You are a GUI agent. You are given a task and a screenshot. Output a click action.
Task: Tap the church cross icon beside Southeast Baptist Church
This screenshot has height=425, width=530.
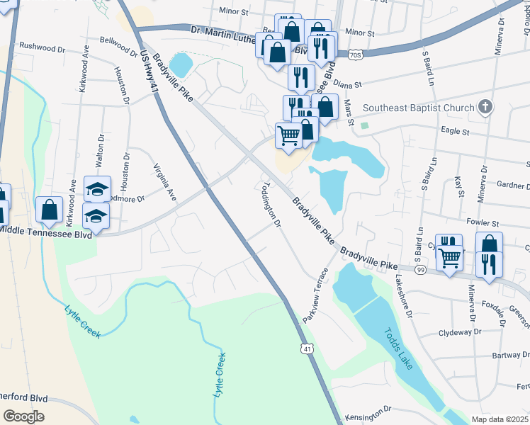pyautogui.click(x=485, y=108)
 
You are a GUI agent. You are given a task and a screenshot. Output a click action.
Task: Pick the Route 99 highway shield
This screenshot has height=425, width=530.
pyautogui.click(x=420, y=271)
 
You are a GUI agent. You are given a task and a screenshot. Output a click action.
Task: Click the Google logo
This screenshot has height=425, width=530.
pyautogui.click(x=23, y=416)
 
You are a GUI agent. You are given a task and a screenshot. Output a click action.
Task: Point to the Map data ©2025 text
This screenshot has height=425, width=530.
pyautogui.click(x=499, y=419)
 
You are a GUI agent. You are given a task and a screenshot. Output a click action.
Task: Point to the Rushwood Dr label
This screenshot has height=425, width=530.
pyautogui.click(x=42, y=45)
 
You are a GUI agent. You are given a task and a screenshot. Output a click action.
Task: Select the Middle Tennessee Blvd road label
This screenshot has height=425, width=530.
pyautogui.click(x=45, y=232)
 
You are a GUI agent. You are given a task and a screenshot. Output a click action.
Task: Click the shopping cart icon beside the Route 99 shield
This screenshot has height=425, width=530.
pyautogui.click(x=449, y=259)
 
